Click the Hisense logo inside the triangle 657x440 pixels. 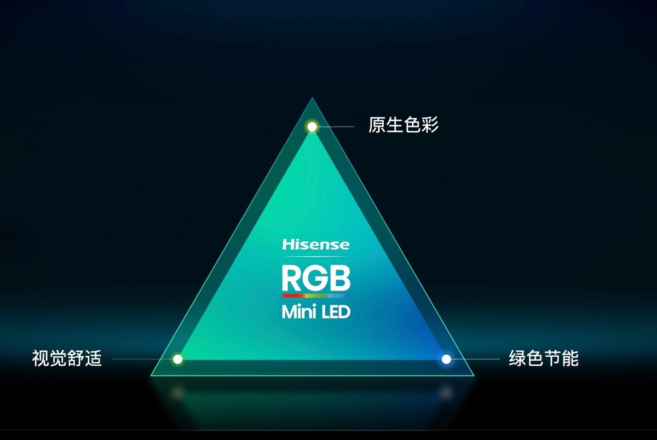click(315, 245)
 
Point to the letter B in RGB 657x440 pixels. click(339, 277)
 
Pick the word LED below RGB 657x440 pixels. click(333, 312)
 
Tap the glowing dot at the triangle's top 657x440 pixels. click(312, 127)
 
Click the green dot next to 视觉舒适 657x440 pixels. click(177, 360)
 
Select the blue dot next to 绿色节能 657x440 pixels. click(446, 360)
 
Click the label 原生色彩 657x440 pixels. click(404, 126)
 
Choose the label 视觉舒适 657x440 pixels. click(67, 360)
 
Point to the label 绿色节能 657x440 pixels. click(543, 360)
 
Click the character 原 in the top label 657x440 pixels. click(377, 126)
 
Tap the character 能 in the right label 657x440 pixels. click(570, 360)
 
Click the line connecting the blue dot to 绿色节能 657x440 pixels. click(476, 360)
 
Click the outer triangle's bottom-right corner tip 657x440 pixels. click(473, 375)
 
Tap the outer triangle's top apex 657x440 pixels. click(312, 99)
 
